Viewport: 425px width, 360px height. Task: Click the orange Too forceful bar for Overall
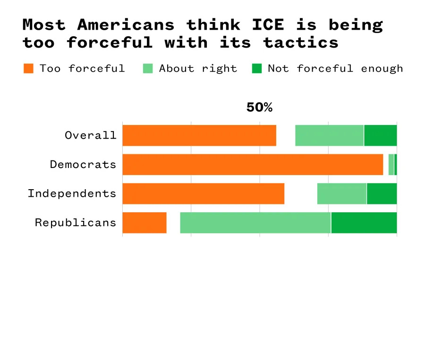click(199, 135)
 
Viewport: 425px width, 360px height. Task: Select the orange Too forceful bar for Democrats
click(253, 165)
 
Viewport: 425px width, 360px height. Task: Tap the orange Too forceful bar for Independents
click(203, 194)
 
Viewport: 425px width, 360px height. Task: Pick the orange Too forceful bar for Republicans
click(144, 223)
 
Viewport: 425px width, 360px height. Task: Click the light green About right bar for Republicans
click(255, 223)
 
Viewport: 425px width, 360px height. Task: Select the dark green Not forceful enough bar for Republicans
click(364, 223)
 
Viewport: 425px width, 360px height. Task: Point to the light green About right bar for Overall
click(329, 135)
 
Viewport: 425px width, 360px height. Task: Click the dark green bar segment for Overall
click(380, 135)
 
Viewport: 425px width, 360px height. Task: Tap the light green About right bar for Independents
click(342, 194)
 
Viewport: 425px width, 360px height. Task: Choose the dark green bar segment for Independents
click(382, 194)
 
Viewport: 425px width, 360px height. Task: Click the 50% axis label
click(259, 108)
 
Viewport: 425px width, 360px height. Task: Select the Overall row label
click(91, 135)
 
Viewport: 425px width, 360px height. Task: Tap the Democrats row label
click(83, 165)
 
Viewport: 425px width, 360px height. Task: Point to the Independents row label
click(72, 193)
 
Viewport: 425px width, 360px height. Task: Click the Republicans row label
click(76, 223)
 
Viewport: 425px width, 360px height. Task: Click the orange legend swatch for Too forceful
click(29, 68)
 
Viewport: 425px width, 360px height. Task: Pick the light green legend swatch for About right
click(148, 68)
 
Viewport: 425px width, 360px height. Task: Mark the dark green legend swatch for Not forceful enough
click(257, 68)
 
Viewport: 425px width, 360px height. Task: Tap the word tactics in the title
click(301, 42)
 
